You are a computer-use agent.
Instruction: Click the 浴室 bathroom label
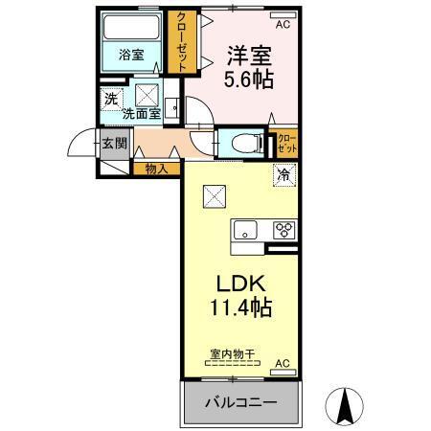click(x=131, y=55)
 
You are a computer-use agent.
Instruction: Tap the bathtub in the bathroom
click(x=133, y=28)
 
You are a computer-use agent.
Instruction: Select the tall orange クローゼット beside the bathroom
click(x=179, y=41)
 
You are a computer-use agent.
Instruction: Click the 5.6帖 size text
click(x=247, y=80)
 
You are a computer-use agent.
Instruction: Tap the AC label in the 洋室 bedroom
click(x=282, y=14)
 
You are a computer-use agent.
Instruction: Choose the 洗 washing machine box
click(x=111, y=98)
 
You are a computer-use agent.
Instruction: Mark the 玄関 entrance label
click(x=113, y=144)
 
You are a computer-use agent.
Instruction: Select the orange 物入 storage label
click(x=156, y=169)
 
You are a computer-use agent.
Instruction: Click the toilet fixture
click(x=240, y=142)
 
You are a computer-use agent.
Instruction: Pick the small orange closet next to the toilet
click(x=284, y=143)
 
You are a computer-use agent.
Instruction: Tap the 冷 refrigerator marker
click(x=284, y=174)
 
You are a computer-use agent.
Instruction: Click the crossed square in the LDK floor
click(x=214, y=195)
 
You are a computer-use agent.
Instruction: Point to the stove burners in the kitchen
click(x=284, y=230)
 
